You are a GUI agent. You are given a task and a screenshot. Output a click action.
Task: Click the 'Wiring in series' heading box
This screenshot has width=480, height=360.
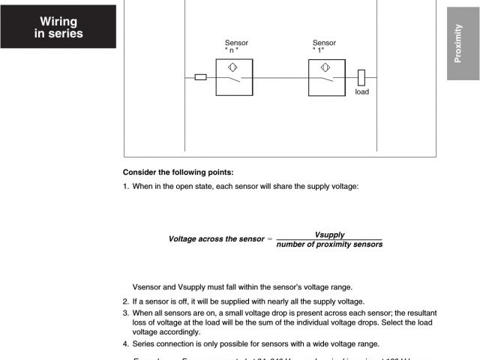click(58, 27)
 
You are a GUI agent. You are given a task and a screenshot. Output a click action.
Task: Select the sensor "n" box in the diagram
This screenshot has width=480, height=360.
click(234, 77)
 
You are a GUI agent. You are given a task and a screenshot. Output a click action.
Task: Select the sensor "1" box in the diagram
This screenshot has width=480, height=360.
click(326, 77)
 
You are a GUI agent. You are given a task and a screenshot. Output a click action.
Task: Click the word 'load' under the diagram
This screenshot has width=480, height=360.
click(361, 92)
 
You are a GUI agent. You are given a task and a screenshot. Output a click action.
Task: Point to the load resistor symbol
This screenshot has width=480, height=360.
click(361, 77)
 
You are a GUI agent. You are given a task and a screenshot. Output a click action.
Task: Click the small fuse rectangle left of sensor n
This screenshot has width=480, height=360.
click(200, 77)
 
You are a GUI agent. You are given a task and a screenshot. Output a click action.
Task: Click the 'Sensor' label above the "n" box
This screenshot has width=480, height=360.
click(236, 43)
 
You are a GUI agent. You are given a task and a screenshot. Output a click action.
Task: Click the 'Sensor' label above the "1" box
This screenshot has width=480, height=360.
click(324, 43)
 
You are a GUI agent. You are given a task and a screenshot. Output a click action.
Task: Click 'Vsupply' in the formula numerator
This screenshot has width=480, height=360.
click(329, 234)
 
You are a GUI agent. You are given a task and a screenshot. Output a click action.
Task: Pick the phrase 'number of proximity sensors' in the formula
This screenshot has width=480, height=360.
click(329, 244)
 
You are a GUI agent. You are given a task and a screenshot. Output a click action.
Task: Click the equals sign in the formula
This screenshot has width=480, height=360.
click(270, 239)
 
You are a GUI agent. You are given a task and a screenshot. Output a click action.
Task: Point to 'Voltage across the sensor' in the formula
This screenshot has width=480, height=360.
click(216, 239)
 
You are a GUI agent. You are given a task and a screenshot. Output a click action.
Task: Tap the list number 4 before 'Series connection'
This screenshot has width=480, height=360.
click(125, 343)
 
